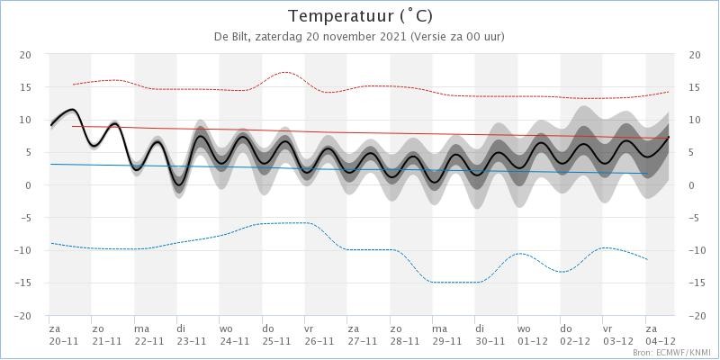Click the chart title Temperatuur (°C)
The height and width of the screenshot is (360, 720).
[360, 16]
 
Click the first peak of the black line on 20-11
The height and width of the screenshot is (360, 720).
[72, 109]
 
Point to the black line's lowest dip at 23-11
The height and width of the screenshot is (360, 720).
[178, 184]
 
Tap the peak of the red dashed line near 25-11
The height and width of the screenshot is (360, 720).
[284, 72]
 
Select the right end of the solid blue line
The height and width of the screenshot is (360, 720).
[647, 174]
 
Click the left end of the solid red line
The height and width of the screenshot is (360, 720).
[73, 126]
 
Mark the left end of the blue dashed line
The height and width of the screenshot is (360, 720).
[51, 243]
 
